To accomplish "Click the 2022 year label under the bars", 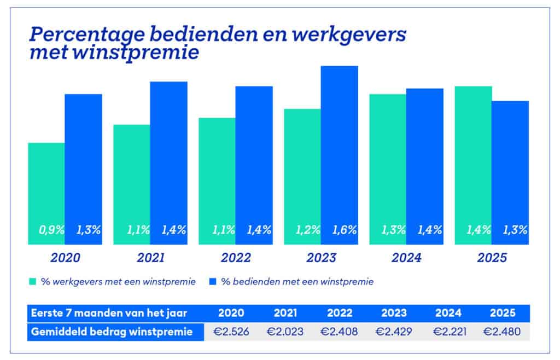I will click(x=236, y=258).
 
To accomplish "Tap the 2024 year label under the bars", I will click(x=406, y=258).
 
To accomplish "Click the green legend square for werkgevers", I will click(x=33, y=282).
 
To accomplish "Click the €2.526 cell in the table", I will click(x=231, y=332).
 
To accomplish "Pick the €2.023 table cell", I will click(x=285, y=332).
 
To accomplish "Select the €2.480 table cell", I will click(x=502, y=332).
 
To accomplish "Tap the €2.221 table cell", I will click(x=448, y=332).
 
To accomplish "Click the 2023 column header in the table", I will click(x=394, y=313).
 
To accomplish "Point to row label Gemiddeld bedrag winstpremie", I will click(x=112, y=332).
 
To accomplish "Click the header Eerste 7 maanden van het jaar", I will click(x=109, y=313).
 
